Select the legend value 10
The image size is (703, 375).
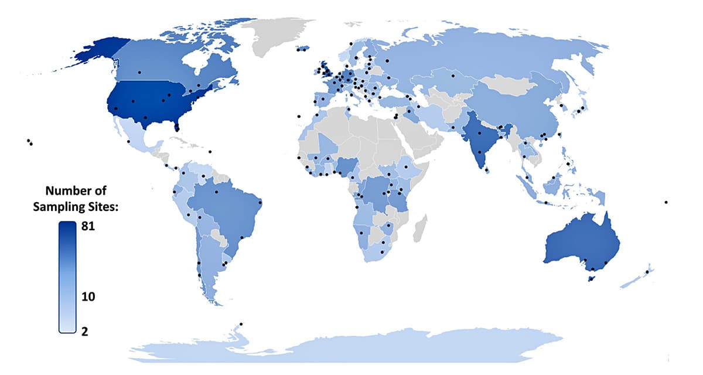coord(87,297)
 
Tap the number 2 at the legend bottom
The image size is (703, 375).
coord(85,331)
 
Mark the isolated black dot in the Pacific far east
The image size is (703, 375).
coord(666,202)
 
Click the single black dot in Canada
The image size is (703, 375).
coord(139,72)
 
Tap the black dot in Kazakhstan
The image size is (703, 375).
coord(452,76)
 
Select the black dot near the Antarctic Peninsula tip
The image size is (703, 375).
coord(241,324)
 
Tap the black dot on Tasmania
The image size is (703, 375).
coord(591,279)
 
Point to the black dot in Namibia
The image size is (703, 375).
coord(361,233)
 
